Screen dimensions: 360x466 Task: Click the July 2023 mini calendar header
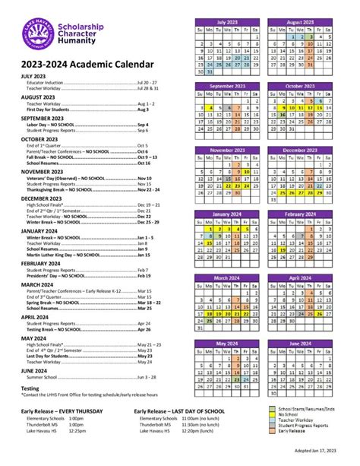(226, 23)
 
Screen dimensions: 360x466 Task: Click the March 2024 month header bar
(226, 278)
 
